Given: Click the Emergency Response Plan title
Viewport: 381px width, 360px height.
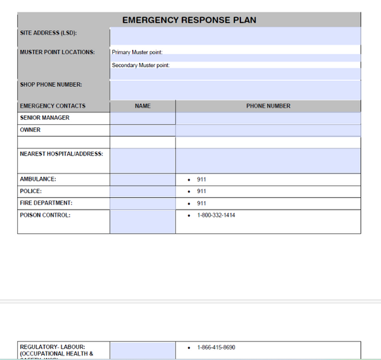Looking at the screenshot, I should [x=189, y=20].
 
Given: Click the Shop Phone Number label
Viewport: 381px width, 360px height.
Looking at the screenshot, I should [x=51, y=84].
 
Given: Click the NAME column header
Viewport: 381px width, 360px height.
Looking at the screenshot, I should [x=143, y=106].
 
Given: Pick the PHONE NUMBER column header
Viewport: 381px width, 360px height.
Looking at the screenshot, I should [x=268, y=106].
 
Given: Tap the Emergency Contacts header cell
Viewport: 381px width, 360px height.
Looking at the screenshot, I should [x=53, y=106].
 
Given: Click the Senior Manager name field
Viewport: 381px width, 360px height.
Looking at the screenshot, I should [x=143, y=118].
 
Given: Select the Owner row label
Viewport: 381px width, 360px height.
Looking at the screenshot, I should [x=30, y=130].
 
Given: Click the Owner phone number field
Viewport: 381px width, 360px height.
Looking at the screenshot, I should [x=268, y=130].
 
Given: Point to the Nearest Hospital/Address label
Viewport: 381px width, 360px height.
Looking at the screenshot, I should [x=62, y=154].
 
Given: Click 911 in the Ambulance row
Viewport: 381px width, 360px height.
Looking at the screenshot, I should [x=202, y=179].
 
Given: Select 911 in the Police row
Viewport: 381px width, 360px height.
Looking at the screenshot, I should [x=202, y=191].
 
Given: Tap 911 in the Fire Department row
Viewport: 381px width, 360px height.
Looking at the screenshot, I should [x=202, y=203].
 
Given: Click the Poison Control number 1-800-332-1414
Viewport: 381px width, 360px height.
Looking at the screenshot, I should [x=216, y=215].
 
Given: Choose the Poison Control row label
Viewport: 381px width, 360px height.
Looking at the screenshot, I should [x=45, y=215].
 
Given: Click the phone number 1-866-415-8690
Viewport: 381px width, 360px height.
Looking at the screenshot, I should [x=216, y=348].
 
